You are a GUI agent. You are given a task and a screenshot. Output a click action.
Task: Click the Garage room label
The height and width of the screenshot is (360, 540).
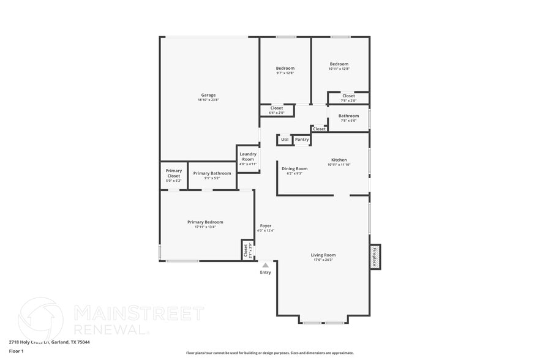pyautogui.click(x=208, y=95)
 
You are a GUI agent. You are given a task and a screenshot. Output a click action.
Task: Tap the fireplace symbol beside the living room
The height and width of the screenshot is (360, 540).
pyautogui.click(x=375, y=257)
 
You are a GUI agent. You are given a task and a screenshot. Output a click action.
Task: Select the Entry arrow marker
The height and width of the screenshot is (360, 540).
pyautogui.click(x=265, y=265)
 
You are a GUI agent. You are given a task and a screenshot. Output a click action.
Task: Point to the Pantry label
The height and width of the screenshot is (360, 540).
pyautogui.click(x=302, y=140)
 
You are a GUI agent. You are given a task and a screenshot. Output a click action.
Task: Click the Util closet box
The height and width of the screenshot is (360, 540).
pyautogui.click(x=284, y=140)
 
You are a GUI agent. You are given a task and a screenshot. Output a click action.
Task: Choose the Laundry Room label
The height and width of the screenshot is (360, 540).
pyautogui.click(x=248, y=157)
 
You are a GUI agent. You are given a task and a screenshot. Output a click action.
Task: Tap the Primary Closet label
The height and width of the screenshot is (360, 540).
pyautogui.click(x=174, y=173)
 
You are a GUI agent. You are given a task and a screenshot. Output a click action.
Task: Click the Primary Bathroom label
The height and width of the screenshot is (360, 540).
pyautogui.click(x=212, y=173)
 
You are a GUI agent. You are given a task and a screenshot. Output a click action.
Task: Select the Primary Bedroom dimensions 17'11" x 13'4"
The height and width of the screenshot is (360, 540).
pyautogui.click(x=205, y=227)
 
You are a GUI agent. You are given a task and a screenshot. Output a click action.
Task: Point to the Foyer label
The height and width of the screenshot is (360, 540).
pyautogui.click(x=265, y=226)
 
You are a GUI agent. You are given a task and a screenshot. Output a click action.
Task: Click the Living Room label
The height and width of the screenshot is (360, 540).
pyautogui.click(x=323, y=255)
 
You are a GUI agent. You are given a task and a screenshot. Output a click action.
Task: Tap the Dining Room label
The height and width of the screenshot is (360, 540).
pyautogui.click(x=294, y=168)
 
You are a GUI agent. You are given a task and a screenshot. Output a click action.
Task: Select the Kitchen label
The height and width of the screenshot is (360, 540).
pyautogui.click(x=339, y=160)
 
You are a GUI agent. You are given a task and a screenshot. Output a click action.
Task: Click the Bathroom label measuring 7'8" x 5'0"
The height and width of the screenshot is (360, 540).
pyautogui.click(x=348, y=116)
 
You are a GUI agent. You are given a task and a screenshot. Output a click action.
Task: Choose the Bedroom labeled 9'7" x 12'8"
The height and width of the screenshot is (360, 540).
pyautogui.click(x=285, y=68)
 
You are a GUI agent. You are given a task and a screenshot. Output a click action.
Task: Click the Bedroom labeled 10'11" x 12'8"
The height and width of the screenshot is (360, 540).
pyautogui.click(x=339, y=64)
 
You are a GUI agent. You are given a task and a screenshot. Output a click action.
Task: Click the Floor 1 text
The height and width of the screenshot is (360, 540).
pyautogui.click(x=16, y=351)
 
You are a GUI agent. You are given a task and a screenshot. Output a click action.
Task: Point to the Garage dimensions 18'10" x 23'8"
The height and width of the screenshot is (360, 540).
pyautogui.click(x=208, y=100)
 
